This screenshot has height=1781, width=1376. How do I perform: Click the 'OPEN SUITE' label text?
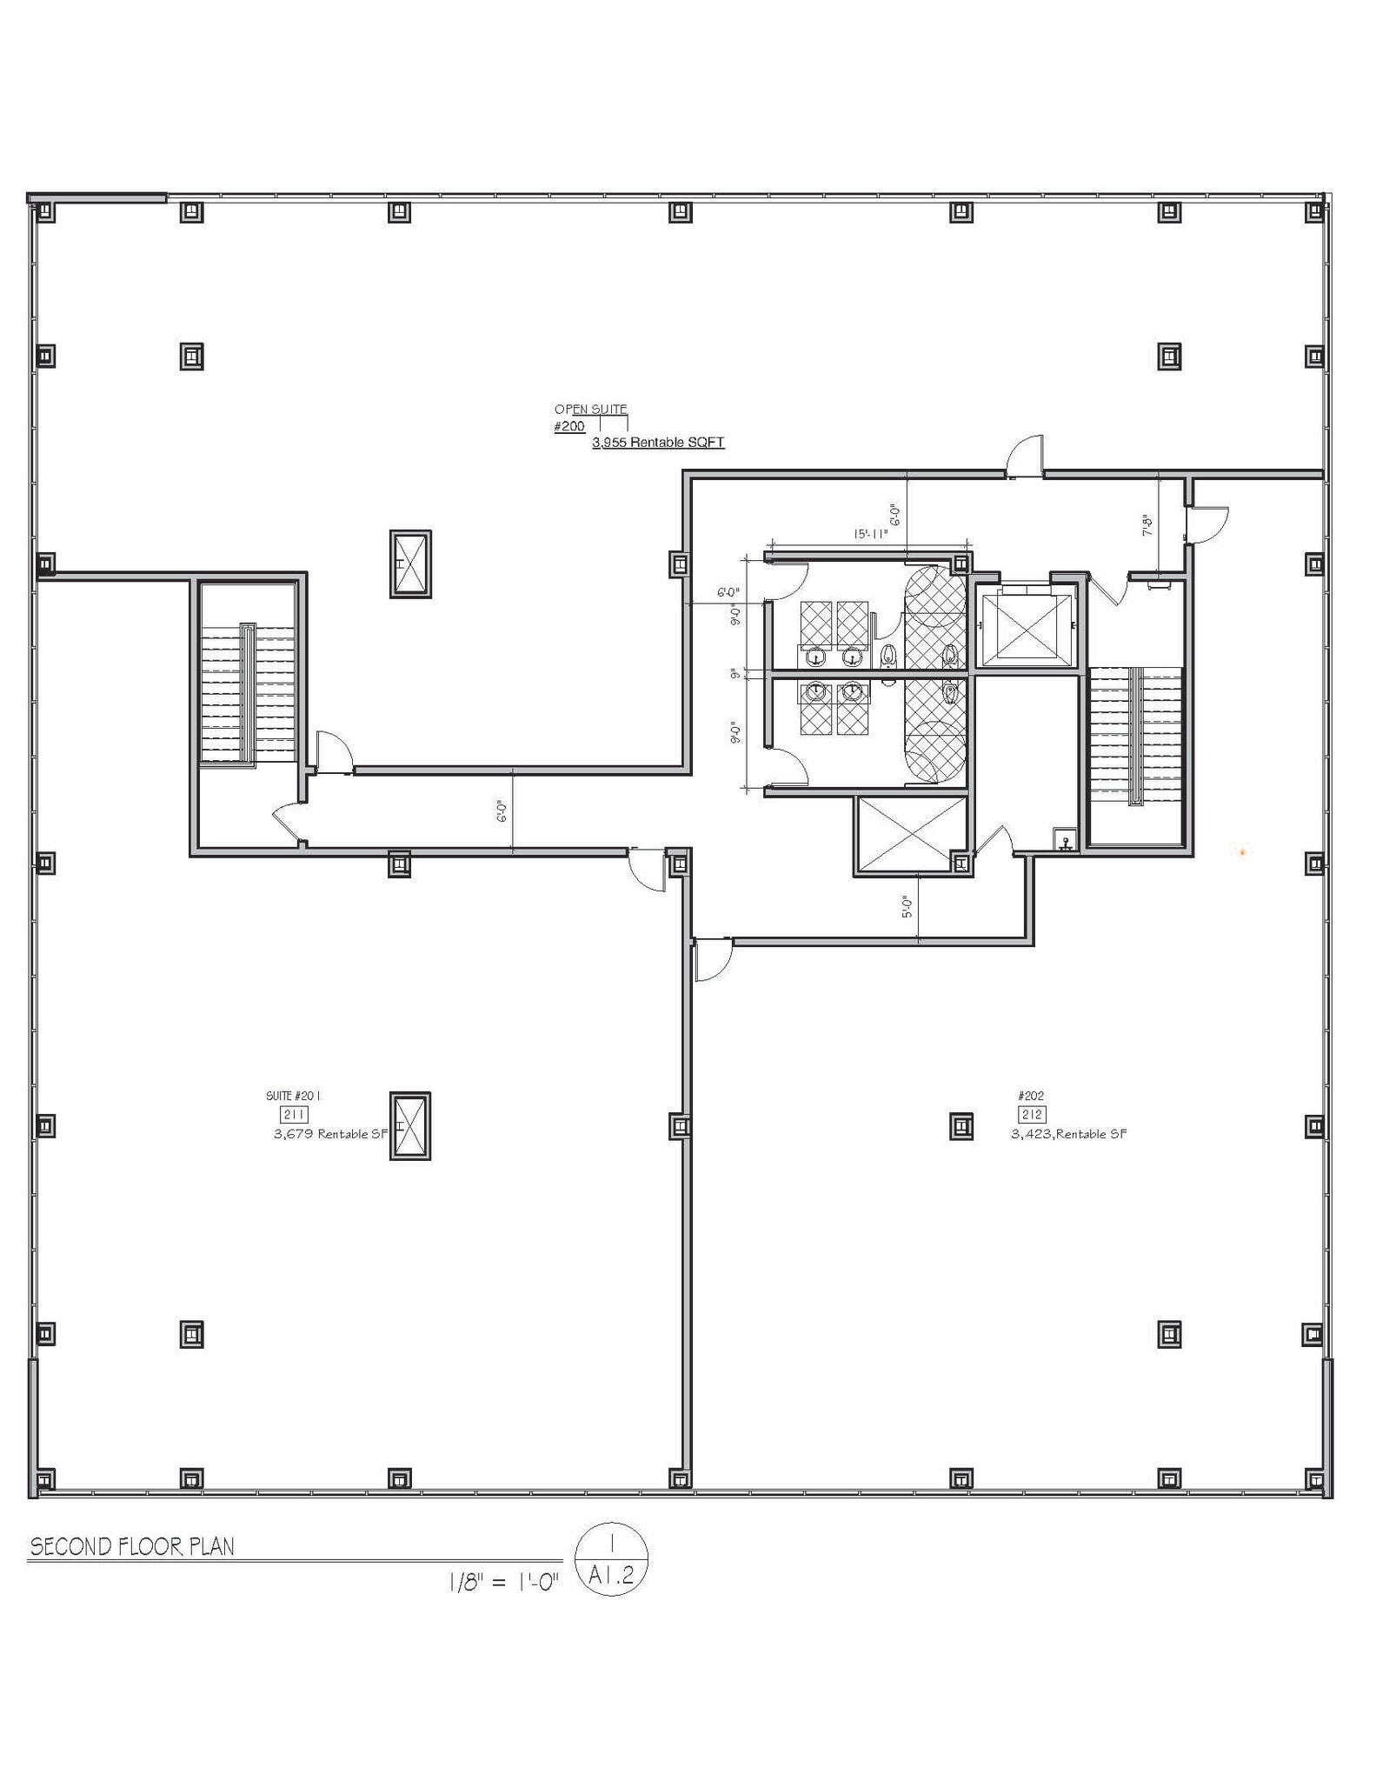tap(590, 409)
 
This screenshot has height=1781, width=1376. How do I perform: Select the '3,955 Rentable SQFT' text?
tap(658, 443)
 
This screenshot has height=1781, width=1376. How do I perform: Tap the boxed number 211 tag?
tap(294, 1115)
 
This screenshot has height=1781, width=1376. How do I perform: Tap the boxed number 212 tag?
tap(1032, 1115)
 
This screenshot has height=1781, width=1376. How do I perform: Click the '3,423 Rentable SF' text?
tap(1069, 1134)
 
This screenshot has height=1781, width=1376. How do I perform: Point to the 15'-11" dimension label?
tap(870, 535)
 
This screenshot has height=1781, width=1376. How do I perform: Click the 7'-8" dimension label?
tap(1147, 524)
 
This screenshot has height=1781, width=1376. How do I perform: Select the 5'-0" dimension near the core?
tap(907, 908)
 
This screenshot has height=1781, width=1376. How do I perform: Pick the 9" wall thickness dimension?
tap(735, 673)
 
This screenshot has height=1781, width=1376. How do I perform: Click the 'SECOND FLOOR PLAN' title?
tap(132, 1547)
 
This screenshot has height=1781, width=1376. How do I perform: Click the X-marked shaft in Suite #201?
tap(409, 1126)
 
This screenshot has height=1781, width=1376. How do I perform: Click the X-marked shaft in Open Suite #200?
tap(409, 564)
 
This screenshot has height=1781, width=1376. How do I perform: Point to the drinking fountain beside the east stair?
tap(1066, 840)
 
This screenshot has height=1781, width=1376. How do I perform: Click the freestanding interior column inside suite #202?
tap(961, 1126)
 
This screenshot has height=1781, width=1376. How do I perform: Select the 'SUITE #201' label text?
tap(293, 1097)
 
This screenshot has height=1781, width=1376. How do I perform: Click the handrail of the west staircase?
tap(248, 691)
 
